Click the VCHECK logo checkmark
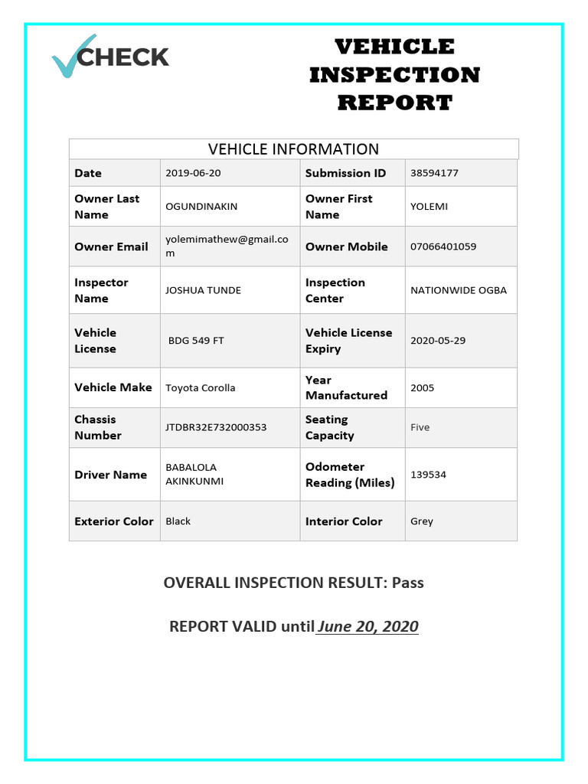[71, 57]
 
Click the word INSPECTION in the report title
[394, 75]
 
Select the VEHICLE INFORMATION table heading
[294, 149]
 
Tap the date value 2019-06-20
[193, 173]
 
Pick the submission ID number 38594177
[434, 173]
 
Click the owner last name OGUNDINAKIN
[202, 207]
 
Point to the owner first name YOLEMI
[429, 207]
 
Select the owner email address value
[227, 246]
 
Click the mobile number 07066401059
[443, 247]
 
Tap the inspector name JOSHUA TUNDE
[203, 290]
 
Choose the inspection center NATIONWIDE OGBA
[458, 290]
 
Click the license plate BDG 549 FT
[196, 341]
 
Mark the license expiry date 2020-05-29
[437, 341]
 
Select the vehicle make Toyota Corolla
[201, 388]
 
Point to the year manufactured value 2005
[422, 388]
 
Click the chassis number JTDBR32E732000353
[216, 427]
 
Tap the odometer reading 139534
[428, 475]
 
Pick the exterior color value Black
[178, 521]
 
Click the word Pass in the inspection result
[407, 583]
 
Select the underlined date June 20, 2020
[367, 627]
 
